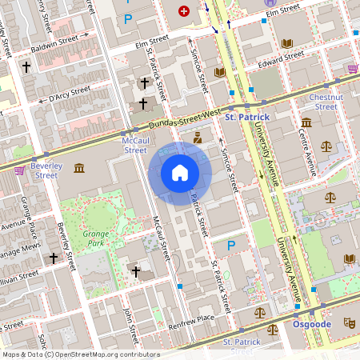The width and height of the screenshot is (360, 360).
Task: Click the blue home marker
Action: [x=180, y=173]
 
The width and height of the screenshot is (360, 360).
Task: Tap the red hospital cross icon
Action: [x=185, y=11]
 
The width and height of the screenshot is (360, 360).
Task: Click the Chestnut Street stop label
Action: [x=326, y=102]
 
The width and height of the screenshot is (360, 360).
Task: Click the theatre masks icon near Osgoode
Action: [x=348, y=322]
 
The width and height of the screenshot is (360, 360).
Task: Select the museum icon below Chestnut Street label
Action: [x=307, y=122]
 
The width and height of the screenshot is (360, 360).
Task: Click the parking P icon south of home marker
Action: [x=231, y=246]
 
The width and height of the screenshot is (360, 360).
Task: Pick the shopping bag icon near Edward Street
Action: [x=353, y=69]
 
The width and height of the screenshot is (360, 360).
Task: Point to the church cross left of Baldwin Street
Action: [x=26, y=69]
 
